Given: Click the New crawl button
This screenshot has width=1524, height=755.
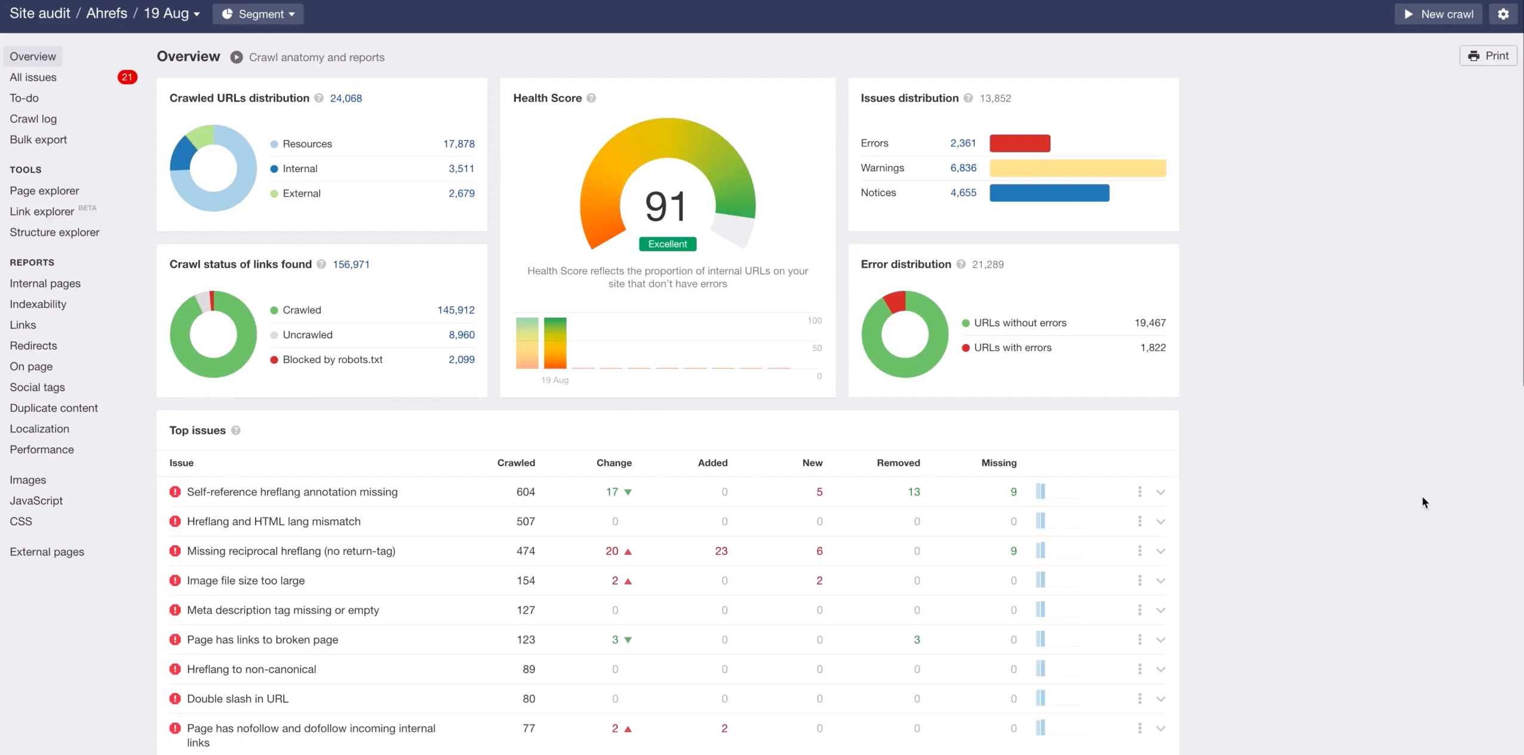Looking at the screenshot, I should coord(1438,14).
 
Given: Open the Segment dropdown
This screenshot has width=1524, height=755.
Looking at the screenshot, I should coord(258,14).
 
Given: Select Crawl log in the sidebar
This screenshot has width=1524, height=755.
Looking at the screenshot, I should coord(33,119).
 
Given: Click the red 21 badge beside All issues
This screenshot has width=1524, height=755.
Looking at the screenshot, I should coord(127,77).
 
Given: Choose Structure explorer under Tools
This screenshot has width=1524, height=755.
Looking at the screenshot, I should coord(54,232).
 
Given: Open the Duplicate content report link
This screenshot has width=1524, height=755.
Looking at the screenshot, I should coord(54,408).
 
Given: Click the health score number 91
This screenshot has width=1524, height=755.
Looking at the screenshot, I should coord(666,207).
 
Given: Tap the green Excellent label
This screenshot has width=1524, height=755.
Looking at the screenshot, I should coord(668,244).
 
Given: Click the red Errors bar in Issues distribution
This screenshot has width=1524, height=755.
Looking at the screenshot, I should coord(1019,143).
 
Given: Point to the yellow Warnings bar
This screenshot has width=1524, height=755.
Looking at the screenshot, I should coord(1077,168).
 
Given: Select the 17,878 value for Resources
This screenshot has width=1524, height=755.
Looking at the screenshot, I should coord(459,144).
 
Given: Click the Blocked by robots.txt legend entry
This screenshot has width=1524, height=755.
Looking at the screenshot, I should coord(332,360).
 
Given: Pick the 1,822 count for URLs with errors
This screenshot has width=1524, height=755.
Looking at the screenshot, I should coord(1153,348).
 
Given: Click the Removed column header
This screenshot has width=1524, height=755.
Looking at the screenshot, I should coord(898,463).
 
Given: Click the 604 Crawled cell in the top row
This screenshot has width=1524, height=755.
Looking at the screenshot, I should coord(526,492).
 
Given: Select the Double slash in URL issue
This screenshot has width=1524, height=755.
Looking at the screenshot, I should coord(238,699).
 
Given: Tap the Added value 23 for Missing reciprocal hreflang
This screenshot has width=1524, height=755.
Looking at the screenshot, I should coord(721,551).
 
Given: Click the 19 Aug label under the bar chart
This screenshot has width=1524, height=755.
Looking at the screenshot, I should coord(555,380).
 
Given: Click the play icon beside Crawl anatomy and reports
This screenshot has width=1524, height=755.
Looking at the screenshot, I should coord(236,57).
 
